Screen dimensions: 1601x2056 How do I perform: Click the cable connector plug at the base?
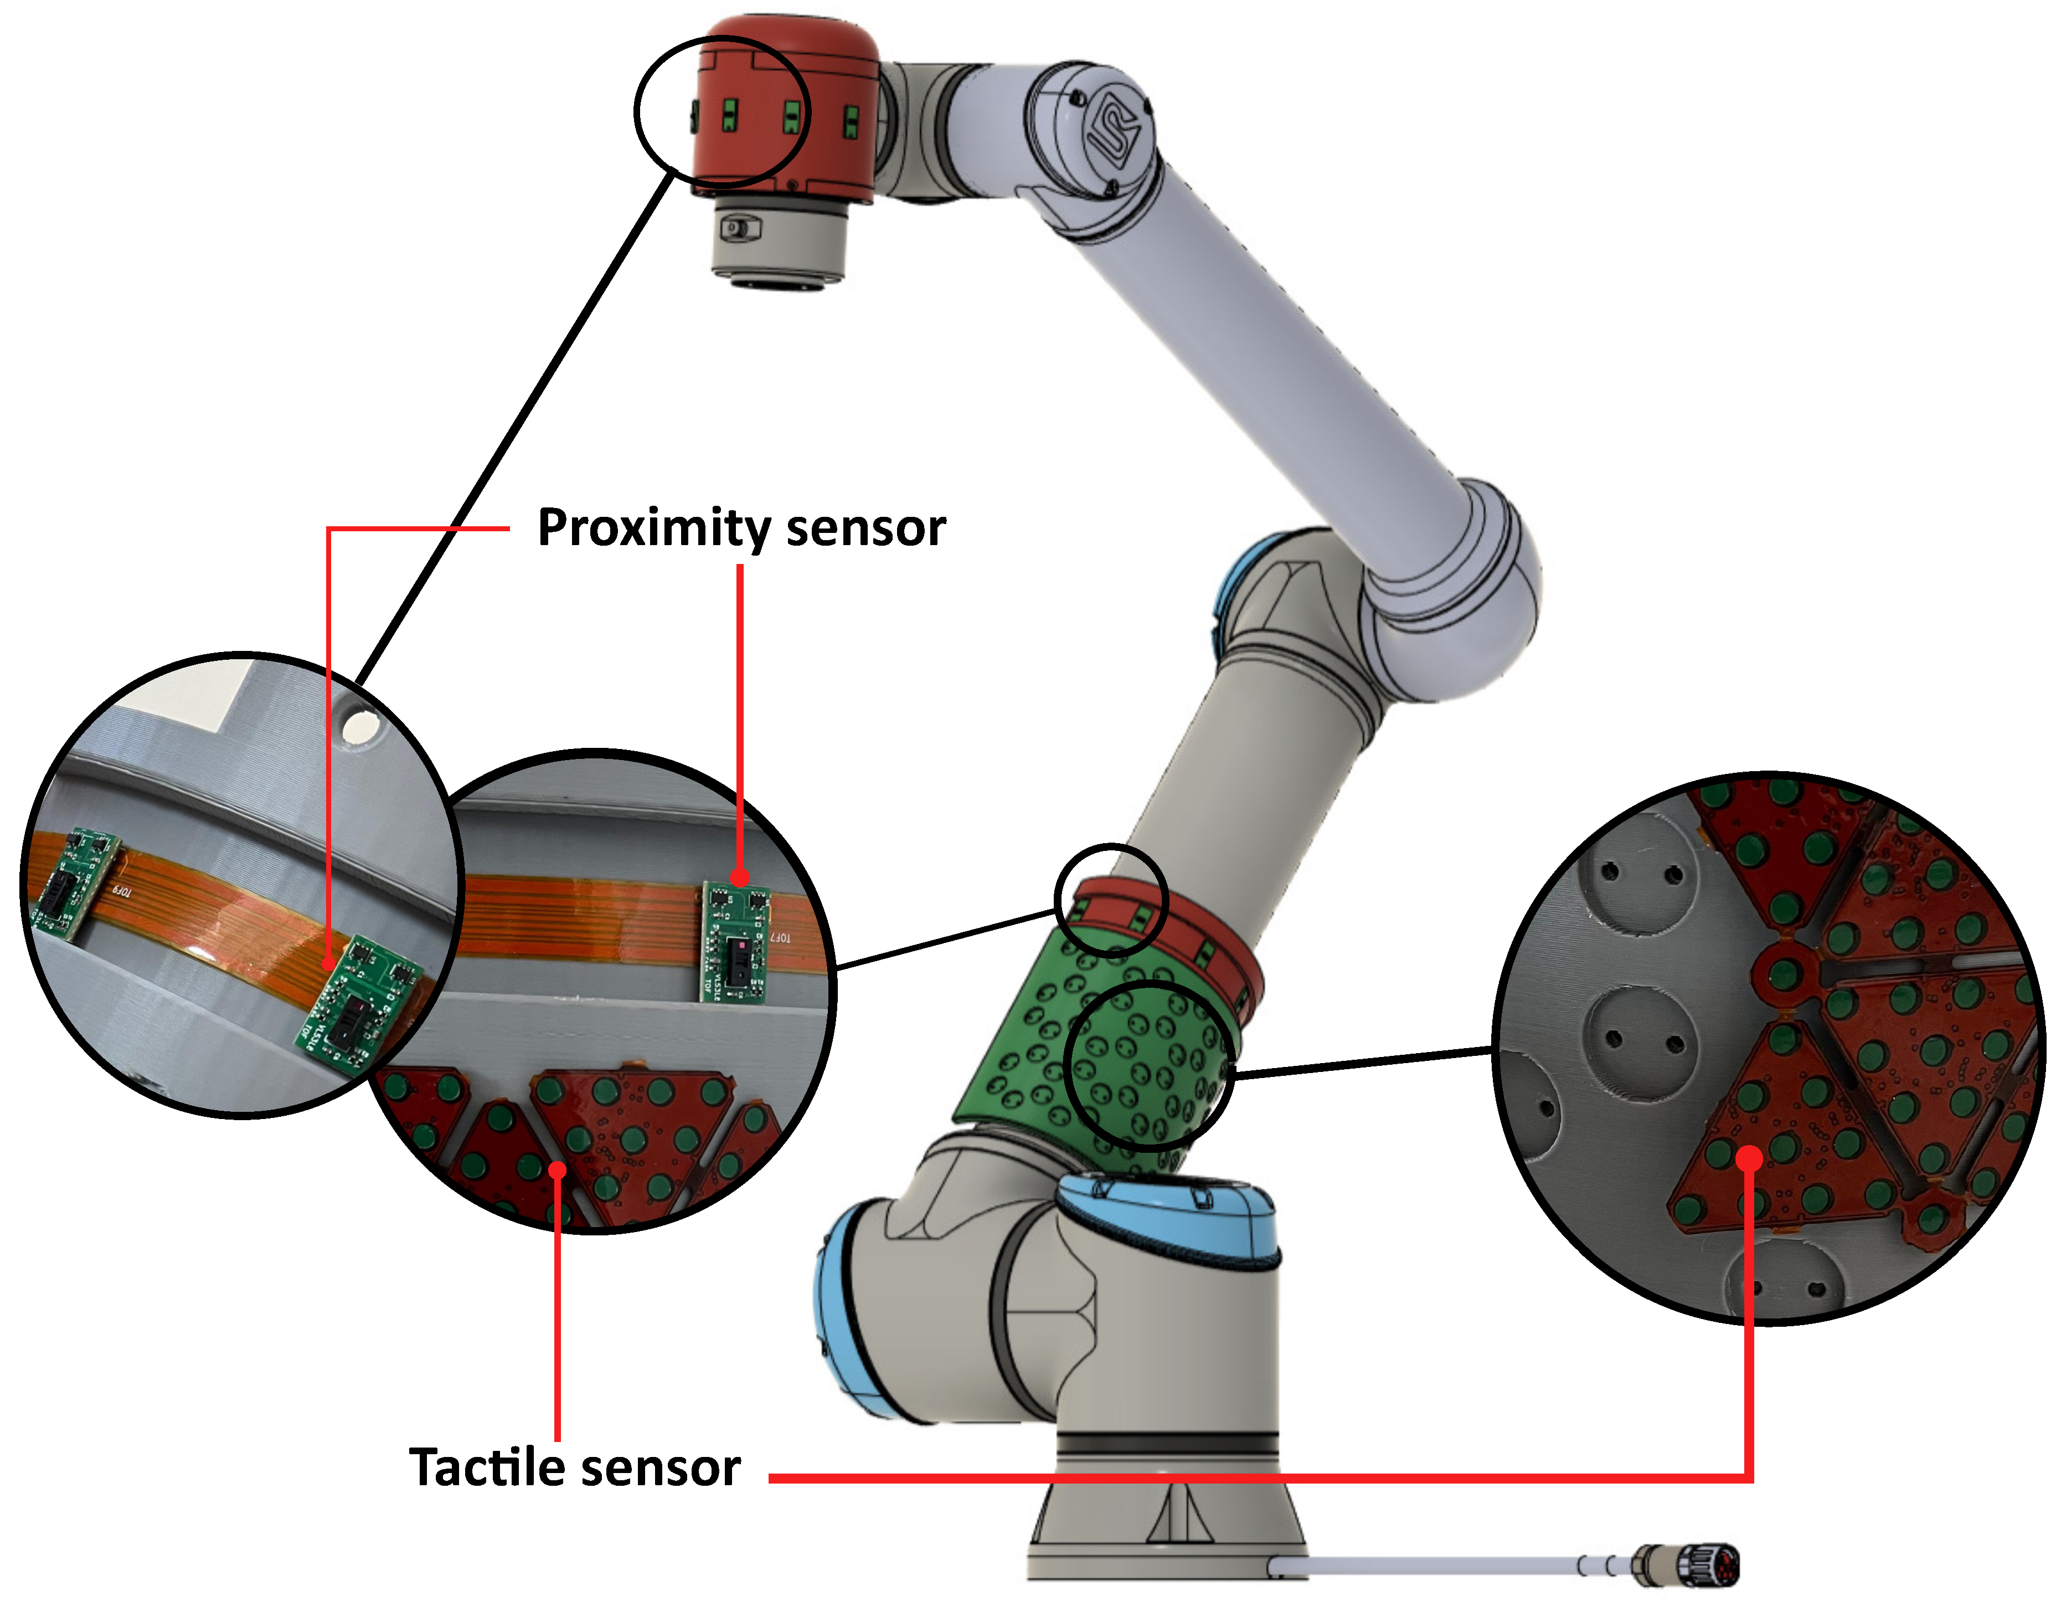tap(1687, 1565)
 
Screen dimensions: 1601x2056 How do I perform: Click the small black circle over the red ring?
tap(1111, 900)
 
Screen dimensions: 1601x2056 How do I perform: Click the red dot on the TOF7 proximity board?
tap(741, 878)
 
